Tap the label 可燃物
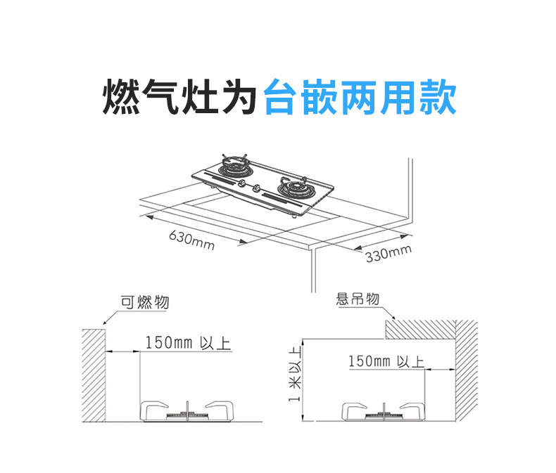[144, 303]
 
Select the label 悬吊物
[358, 299]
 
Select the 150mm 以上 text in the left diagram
[187, 343]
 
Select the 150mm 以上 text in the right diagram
[386, 361]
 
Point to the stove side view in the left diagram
[187, 411]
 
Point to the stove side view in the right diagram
[384, 411]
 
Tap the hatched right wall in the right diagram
[467, 372]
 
